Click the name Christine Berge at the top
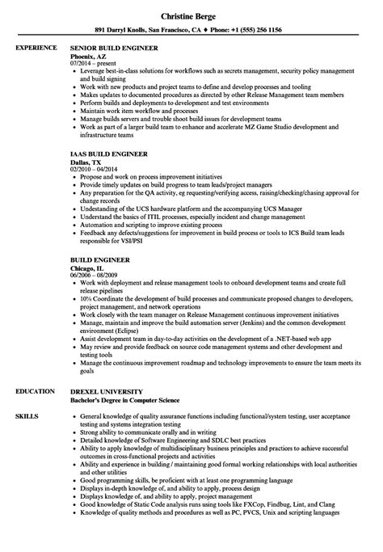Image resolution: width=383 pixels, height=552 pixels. click(191, 15)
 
